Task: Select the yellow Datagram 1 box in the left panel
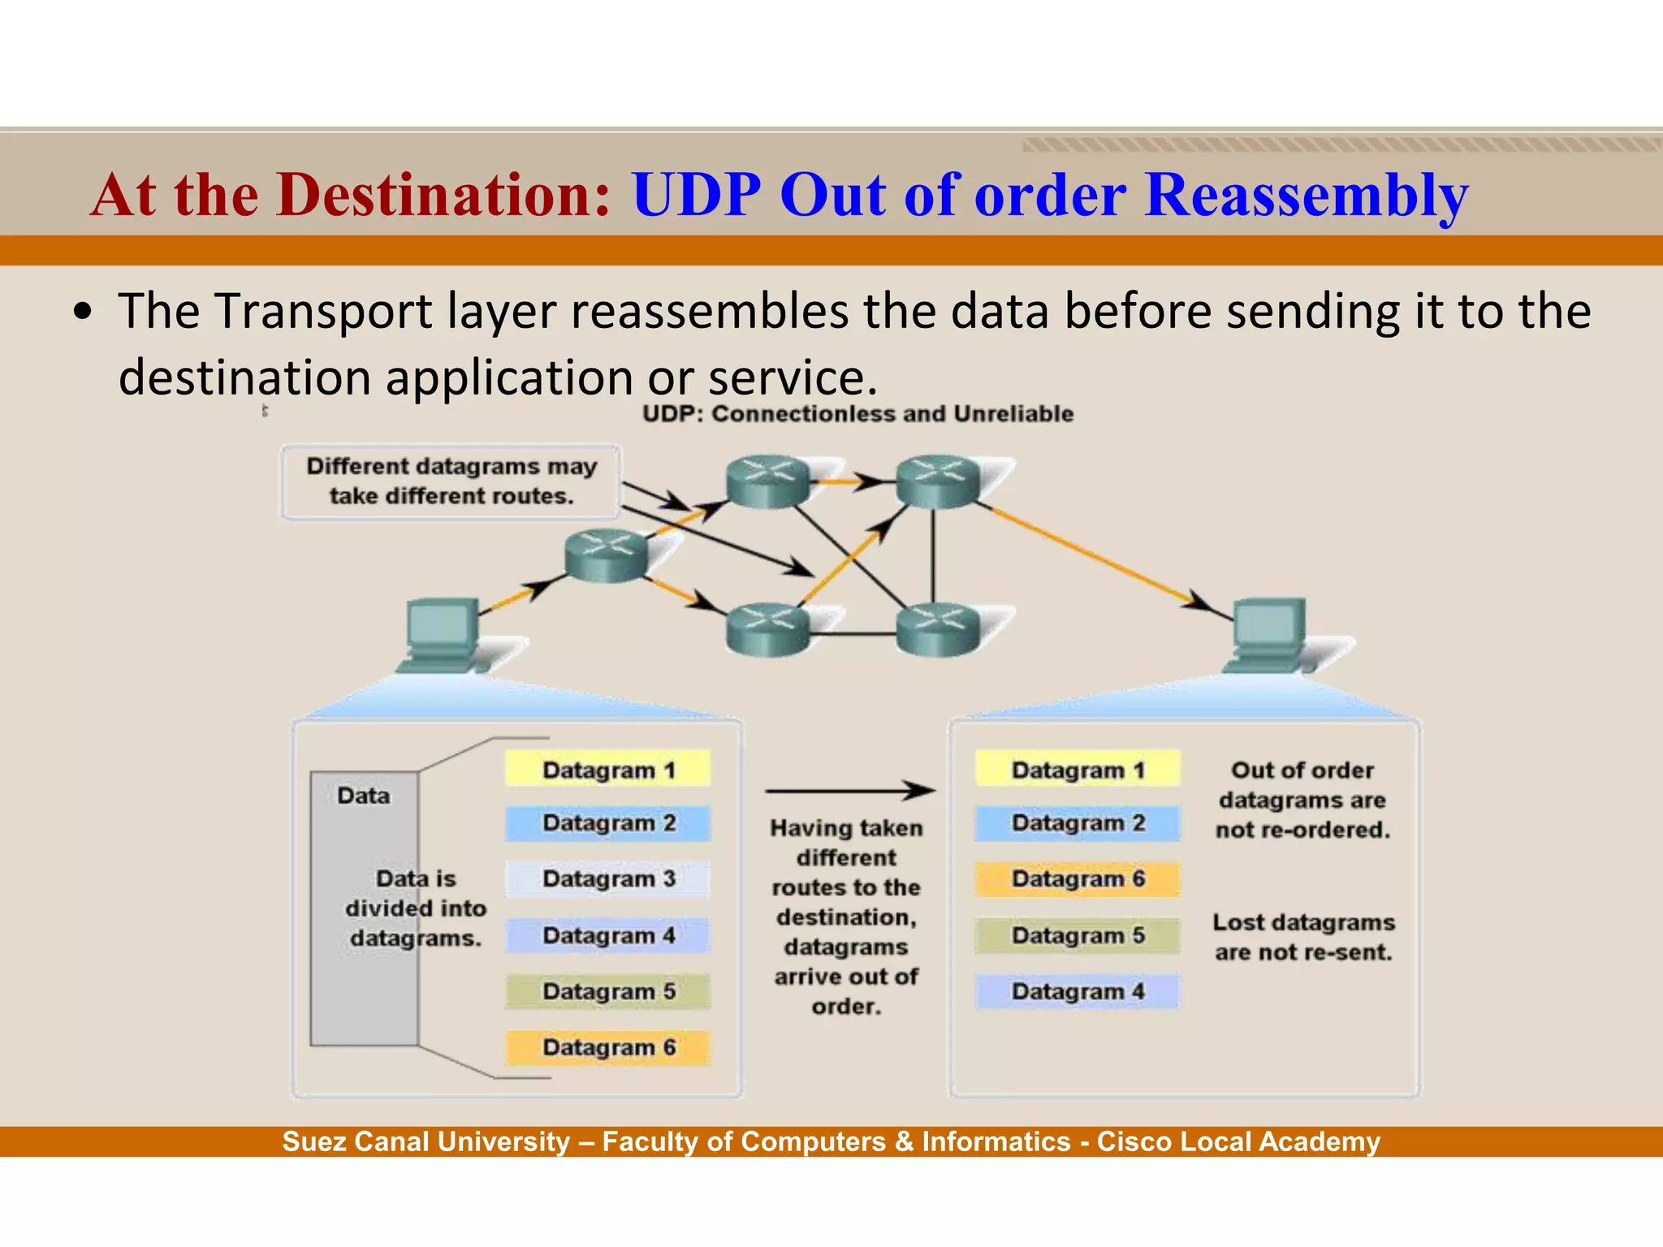point(607,769)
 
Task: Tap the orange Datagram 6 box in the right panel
point(1077,879)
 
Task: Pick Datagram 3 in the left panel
point(607,879)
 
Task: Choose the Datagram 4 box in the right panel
point(1077,991)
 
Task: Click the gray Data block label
point(363,796)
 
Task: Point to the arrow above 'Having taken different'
point(849,790)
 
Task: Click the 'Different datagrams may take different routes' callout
point(451,481)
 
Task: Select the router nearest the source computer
point(606,555)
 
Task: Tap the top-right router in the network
point(938,481)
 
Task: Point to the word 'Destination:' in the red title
point(443,196)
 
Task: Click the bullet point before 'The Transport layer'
point(82,313)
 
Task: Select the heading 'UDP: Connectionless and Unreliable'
point(857,414)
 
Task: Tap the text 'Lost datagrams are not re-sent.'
point(1302,937)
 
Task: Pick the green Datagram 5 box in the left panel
point(607,991)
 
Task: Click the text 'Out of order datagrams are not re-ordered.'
point(1302,800)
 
